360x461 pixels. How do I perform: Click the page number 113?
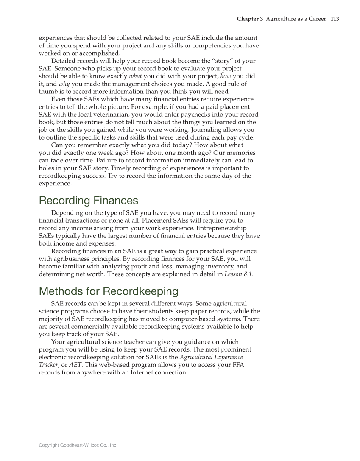coord(335,19)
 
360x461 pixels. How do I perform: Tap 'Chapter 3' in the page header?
coord(250,19)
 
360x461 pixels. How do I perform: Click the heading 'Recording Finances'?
coord(88,200)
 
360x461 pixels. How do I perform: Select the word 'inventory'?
coord(213,267)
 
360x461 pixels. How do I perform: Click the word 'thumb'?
coord(49,92)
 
